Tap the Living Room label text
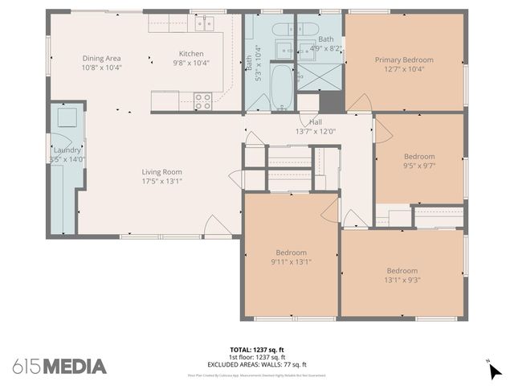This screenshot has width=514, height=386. pos(161,171)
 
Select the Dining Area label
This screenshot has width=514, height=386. pos(101,58)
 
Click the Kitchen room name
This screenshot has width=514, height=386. pos(191,54)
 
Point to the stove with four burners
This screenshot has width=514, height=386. pos(202,101)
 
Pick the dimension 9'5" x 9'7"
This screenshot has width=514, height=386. pos(418,166)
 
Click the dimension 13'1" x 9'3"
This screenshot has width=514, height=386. pos(402,281)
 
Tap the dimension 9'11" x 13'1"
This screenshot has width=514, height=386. pos(291,261)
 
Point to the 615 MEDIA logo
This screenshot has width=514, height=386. pos(59,367)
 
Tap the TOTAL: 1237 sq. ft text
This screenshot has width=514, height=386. pos(257,350)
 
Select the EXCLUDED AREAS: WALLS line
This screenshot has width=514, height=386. pos(257,364)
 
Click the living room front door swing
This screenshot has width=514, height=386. pos(218,228)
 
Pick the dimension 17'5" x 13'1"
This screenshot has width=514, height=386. pos(161,181)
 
